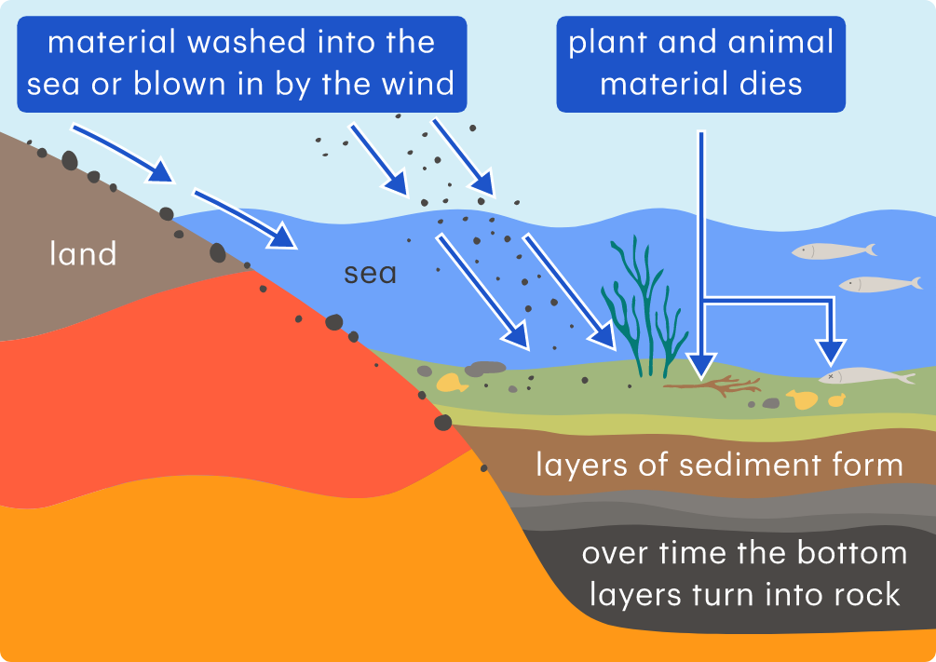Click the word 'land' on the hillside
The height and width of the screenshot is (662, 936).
coord(83,253)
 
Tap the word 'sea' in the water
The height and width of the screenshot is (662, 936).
coord(370,274)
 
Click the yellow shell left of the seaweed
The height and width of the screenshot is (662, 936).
coord(451,382)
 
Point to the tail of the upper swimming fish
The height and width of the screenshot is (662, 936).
coord(869,250)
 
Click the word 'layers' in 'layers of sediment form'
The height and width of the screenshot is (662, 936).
coord(577,465)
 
